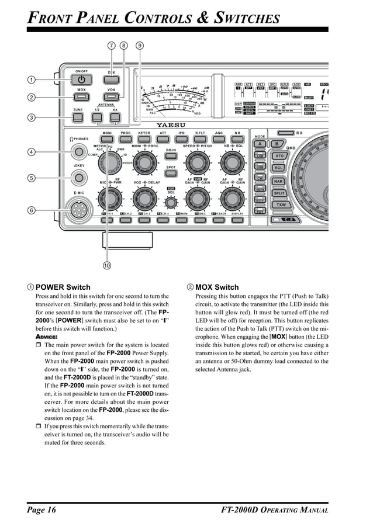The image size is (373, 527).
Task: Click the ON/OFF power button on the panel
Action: coord(82,79)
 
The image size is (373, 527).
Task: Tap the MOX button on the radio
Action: coord(82,97)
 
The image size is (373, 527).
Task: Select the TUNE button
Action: coord(78,117)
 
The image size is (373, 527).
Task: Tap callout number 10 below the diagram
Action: coord(107,266)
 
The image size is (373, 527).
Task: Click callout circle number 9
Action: coord(140,45)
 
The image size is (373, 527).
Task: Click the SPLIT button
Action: coord(279,193)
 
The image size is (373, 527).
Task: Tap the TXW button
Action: coord(280,205)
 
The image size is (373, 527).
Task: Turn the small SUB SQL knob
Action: coord(171,203)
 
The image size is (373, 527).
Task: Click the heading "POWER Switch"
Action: coord(63,287)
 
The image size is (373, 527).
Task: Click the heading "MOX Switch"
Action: coord(216,287)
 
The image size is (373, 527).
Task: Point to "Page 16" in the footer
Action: coord(41,510)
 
